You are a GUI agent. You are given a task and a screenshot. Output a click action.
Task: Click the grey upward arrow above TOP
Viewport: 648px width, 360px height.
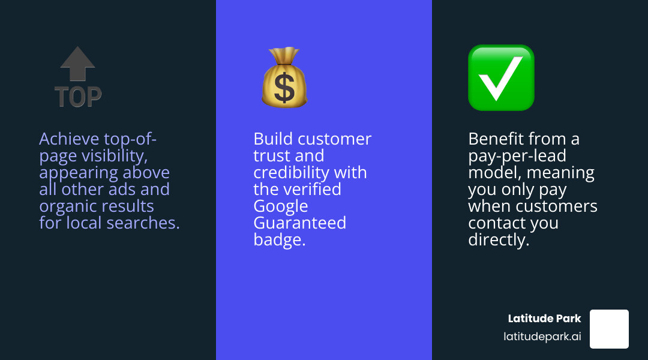pyautogui.click(x=78, y=63)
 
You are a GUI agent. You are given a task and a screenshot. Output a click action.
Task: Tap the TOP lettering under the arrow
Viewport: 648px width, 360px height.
pyautogui.click(x=78, y=96)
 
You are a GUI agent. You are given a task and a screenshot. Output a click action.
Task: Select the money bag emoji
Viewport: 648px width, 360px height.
pyautogui.click(x=284, y=78)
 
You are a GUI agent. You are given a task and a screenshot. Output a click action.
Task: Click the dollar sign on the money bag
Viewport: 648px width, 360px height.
pyautogui.click(x=284, y=87)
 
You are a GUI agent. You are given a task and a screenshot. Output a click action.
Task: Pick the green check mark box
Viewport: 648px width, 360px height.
pyautogui.click(x=501, y=77)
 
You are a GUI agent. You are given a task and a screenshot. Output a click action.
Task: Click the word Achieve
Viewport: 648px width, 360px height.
pyautogui.click(x=68, y=139)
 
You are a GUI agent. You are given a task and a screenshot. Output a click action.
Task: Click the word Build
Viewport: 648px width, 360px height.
pyautogui.click(x=273, y=139)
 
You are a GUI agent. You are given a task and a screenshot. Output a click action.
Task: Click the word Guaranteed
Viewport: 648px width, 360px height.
pyautogui.click(x=300, y=223)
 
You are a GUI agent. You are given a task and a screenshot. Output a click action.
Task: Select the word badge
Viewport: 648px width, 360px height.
pyautogui.click(x=280, y=240)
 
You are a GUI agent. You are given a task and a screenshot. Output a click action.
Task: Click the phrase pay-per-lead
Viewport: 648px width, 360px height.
pyautogui.click(x=517, y=156)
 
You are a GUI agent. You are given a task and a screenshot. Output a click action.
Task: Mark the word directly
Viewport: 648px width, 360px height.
pyautogui.click(x=499, y=240)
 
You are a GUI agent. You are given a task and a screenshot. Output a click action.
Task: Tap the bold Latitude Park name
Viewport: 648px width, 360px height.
pyautogui.click(x=544, y=319)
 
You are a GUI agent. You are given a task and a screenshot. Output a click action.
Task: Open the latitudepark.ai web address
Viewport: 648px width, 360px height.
pyautogui.click(x=542, y=337)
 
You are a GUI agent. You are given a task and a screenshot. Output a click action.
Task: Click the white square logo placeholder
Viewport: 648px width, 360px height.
pyautogui.click(x=609, y=329)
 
